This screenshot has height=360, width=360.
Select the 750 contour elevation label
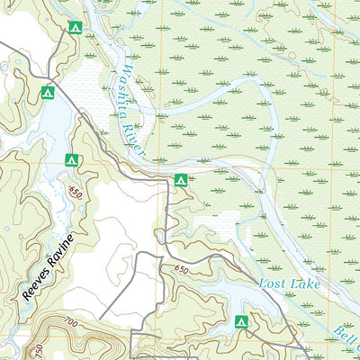[x=38, y=349]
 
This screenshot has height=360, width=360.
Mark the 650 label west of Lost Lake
[x=183, y=269]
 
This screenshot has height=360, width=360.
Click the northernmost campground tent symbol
[x=76, y=28]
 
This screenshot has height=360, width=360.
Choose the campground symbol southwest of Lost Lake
[x=240, y=321]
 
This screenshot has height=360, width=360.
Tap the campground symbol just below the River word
[x=180, y=181]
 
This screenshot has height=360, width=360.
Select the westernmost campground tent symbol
[x=48, y=92]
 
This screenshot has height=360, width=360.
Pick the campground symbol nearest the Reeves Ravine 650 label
[x=72, y=160]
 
